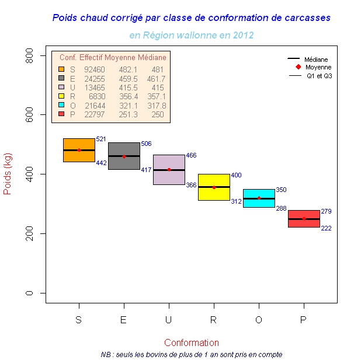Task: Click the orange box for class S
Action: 79,150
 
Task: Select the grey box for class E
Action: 124,156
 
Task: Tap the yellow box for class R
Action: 214,187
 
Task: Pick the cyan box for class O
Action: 259,198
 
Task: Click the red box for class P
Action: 304,218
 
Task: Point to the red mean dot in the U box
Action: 169,170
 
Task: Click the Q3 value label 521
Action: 100,139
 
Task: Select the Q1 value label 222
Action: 326,228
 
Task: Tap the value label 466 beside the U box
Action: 191,155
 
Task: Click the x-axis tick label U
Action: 169,320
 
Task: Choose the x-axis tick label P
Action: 303,320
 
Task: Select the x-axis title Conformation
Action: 192,342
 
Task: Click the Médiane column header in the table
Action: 152,58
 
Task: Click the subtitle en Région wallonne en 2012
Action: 191,35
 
